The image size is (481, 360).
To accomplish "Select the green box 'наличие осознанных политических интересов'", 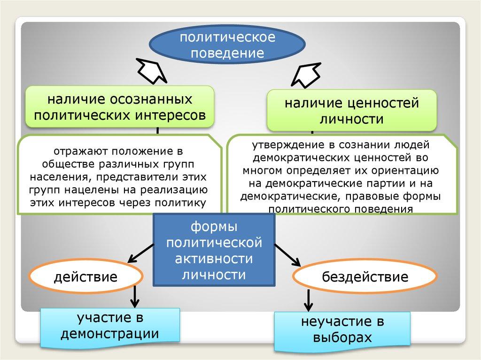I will tap(120, 107).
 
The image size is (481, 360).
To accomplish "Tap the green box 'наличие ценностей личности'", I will tap(351, 110).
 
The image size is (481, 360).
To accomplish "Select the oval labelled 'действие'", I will tap(85, 276).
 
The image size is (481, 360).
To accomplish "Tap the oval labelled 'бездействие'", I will tap(365, 276).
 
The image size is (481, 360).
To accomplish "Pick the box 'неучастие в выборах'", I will tap(342, 330).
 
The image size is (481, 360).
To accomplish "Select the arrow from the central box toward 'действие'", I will tap(140, 253).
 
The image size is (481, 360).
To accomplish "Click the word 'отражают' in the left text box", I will tap(78, 152).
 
